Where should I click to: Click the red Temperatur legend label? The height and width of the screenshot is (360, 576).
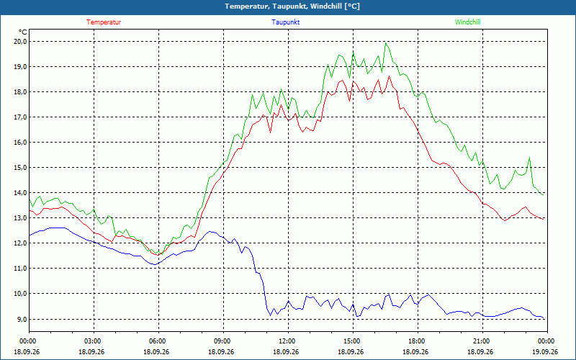(x=104, y=22)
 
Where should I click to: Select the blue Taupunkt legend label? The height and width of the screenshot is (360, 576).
(x=285, y=22)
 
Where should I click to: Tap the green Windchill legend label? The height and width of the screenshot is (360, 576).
(x=467, y=22)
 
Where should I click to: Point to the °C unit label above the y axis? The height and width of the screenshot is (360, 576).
(x=23, y=32)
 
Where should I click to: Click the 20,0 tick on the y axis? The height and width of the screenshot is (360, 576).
(x=21, y=42)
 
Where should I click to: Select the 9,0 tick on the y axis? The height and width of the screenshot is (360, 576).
(x=22, y=319)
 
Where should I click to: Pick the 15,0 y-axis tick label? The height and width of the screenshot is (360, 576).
(x=21, y=168)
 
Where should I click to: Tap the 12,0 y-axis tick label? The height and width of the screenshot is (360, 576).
(x=21, y=243)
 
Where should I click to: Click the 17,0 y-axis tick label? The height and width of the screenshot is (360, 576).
(x=21, y=117)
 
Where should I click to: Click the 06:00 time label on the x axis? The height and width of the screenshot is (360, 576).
(x=158, y=341)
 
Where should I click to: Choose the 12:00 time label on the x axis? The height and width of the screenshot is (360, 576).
(x=289, y=341)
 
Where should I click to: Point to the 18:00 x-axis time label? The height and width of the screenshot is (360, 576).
(x=418, y=341)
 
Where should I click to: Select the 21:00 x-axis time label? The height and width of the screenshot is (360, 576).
(x=482, y=341)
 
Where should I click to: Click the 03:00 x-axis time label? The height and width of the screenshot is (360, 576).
(x=94, y=341)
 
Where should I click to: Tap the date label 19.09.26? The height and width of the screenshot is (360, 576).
(x=545, y=352)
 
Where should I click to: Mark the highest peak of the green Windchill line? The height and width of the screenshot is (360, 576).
(x=385, y=43)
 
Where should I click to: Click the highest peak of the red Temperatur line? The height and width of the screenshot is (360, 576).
(x=389, y=76)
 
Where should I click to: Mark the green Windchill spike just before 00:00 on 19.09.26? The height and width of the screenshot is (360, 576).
(x=529, y=157)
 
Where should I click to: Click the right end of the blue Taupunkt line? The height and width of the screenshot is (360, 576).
(x=544, y=318)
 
